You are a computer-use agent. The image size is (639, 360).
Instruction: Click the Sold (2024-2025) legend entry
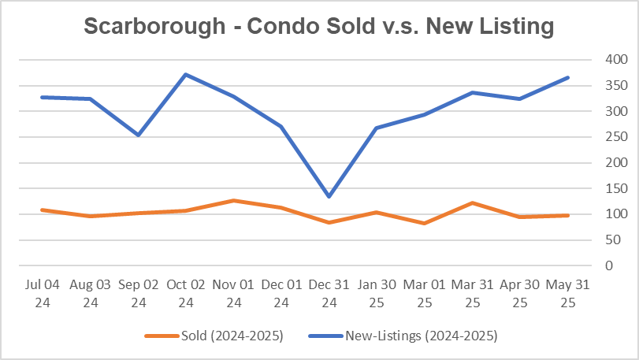click(x=214, y=336)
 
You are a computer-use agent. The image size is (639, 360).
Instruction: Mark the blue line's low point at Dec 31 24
click(x=329, y=196)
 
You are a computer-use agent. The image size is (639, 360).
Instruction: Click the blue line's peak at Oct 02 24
click(x=185, y=75)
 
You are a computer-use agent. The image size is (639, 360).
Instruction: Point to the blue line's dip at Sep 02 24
click(x=137, y=135)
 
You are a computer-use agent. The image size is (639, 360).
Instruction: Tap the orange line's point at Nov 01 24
click(x=233, y=200)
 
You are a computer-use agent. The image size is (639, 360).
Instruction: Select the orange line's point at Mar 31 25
click(x=472, y=202)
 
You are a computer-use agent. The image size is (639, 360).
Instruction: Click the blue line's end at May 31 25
click(x=568, y=77)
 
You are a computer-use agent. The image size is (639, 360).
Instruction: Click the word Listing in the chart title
click(x=515, y=26)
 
